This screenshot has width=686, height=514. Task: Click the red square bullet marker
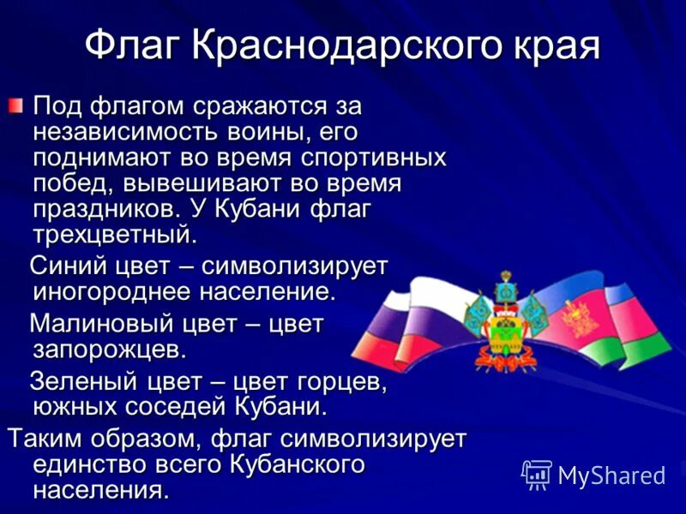click(x=16, y=107)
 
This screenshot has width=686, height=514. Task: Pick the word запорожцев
click(x=109, y=350)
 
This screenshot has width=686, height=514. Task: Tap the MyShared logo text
click(x=611, y=474)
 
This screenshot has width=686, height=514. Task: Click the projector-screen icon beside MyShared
click(x=537, y=474)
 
